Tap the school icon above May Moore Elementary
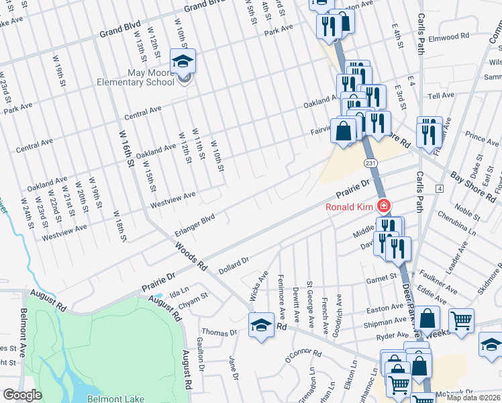pos(183,62)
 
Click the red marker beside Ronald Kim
pos(383,206)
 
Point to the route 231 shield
pos(370,163)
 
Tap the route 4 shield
pos(438,189)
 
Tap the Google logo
pos(22,395)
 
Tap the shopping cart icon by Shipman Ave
pos(461,322)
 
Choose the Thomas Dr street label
pos(219,332)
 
